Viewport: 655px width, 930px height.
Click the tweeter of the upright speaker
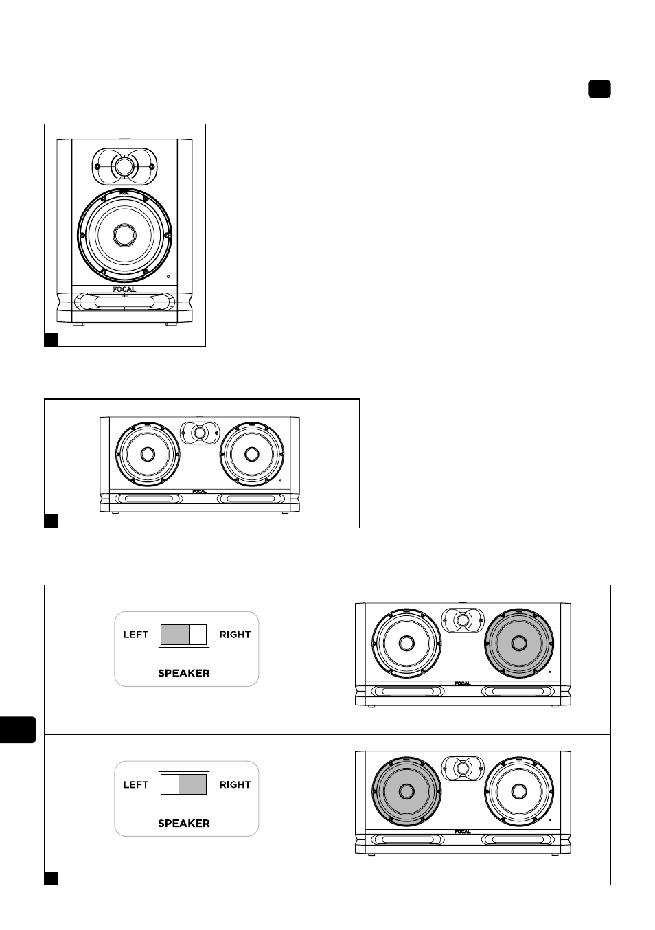pyautogui.click(x=124, y=167)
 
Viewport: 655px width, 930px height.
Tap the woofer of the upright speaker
pyautogui.click(x=124, y=235)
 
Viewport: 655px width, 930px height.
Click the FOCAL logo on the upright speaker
pyautogui.click(x=124, y=289)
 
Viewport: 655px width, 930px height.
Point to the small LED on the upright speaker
pyautogui.click(x=168, y=277)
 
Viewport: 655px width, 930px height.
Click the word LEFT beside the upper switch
pyautogui.click(x=136, y=635)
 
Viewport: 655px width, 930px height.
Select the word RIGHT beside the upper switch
pyautogui.click(x=235, y=635)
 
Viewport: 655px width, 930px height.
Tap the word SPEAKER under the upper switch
pyautogui.click(x=184, y=673)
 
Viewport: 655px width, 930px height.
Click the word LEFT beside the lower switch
pyautogui.click(x=136, y=784)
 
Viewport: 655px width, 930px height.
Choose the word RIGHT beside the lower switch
pyautogui.click(x=235, y=784)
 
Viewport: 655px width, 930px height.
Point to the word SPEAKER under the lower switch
pyautogui.click(x=184, y=824)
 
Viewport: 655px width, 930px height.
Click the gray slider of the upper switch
pyautogui.click(x=175, y=635)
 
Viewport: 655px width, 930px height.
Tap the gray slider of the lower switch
pyautogui.click(x=193, y=784)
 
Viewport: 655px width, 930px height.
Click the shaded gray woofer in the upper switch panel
pyautogui.click(x=519, y=643)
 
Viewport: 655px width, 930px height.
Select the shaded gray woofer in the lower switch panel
pyautogui.click(x=406, y=791)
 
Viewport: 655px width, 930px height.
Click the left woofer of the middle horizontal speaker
pyautogui.click(x=148, y=454)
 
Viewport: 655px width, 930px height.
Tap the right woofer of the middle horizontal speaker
pyautogui.click(x=251, y=454)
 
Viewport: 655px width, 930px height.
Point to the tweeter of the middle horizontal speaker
pyautogui.click(x=200, y=433)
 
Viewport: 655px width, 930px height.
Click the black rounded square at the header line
pyautogui.click(x=599, y=89)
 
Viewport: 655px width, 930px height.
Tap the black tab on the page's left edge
pyautogui.click(x=17, y=729)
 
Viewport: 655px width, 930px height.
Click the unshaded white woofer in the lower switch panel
pyautogui.click(x=519, y=791)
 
